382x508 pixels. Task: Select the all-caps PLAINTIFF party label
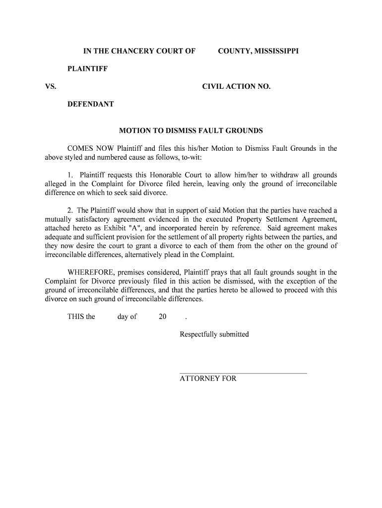coord(88,68)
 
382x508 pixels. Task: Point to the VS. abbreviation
coord(51,86)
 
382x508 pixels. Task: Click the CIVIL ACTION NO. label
coord(236,86)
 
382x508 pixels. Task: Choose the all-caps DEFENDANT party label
coord(91,104)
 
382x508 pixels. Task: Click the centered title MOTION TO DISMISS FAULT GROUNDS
coord(191,131)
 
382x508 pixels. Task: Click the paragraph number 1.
coord(70,175)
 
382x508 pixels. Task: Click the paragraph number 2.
coord(70,211)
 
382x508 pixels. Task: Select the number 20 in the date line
coord(162,317)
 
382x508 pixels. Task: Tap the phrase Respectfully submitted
coord(214,334)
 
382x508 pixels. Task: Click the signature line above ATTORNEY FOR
coord(243,373)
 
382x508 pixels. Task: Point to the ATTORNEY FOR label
coord(208,379)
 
